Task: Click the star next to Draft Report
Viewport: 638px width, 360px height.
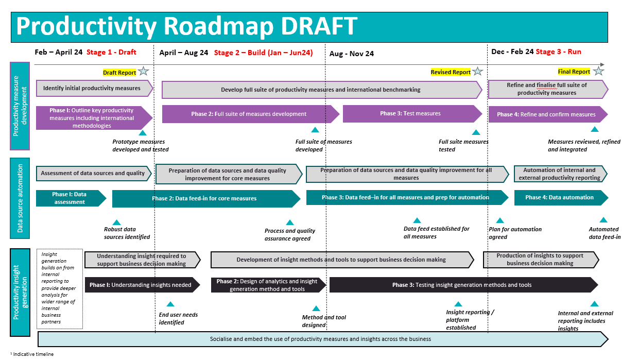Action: click(143, 72)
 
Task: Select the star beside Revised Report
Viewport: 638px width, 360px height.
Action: click(478, 72)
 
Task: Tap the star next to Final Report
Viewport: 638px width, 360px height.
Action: click(598, 71)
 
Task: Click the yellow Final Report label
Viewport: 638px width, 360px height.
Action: click(574, 72)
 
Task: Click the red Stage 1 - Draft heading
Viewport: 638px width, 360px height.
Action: click(111, 52)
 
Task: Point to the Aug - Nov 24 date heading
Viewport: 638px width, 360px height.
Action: click(352, 54)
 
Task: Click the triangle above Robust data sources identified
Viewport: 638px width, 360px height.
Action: click(117, 222)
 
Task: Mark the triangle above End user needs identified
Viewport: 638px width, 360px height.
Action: click(170, 304)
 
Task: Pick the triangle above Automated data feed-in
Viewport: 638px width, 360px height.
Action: click(603, 220)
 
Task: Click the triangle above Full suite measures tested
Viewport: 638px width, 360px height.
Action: click(476, 132)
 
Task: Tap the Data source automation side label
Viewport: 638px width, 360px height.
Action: click(20, 198)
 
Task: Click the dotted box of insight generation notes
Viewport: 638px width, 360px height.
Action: click(60, 288)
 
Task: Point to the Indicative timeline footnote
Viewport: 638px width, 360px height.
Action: click(32, 354)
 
